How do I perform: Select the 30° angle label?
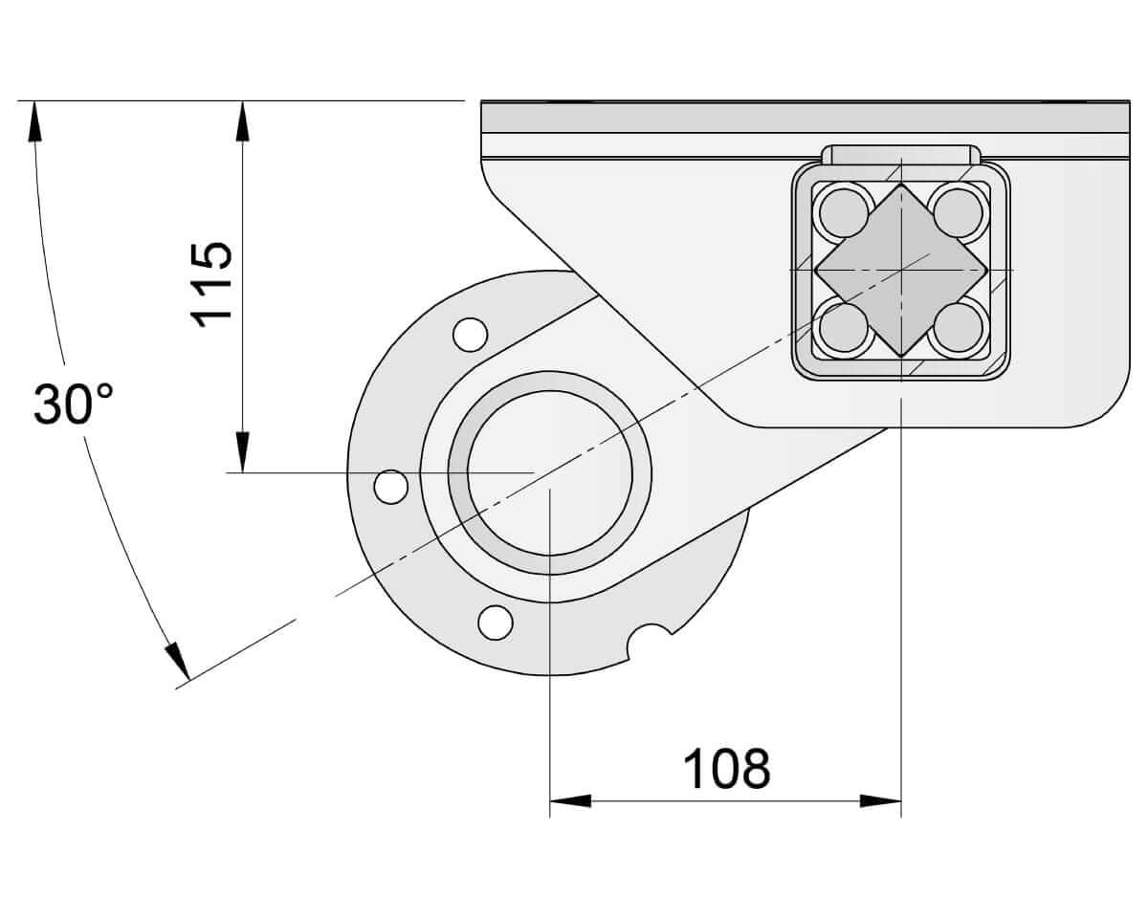click(x=73, y=404)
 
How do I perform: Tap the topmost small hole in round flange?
click(x=470, y=334)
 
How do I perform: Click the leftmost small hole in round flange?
click(x=390, y=486)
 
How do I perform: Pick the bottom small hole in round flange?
click(x=495, y=622)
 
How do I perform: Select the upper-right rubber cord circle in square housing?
click(x=958, y=212)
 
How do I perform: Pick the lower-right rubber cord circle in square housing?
click(x=958, y=328)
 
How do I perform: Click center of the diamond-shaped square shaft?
click(x=900, y=271)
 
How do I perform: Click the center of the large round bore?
click(x=550, y=473)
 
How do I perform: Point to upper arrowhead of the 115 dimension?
click(x=243, y=120)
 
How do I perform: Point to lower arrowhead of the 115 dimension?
click(x=243, y=453)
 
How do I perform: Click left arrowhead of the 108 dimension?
click(x=570, y=800)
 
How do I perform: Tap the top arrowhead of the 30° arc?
click(x=35, y=121)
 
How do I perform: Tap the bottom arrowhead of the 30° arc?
click(x=177, y=663)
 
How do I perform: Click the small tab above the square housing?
click(x=900, y=155)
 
